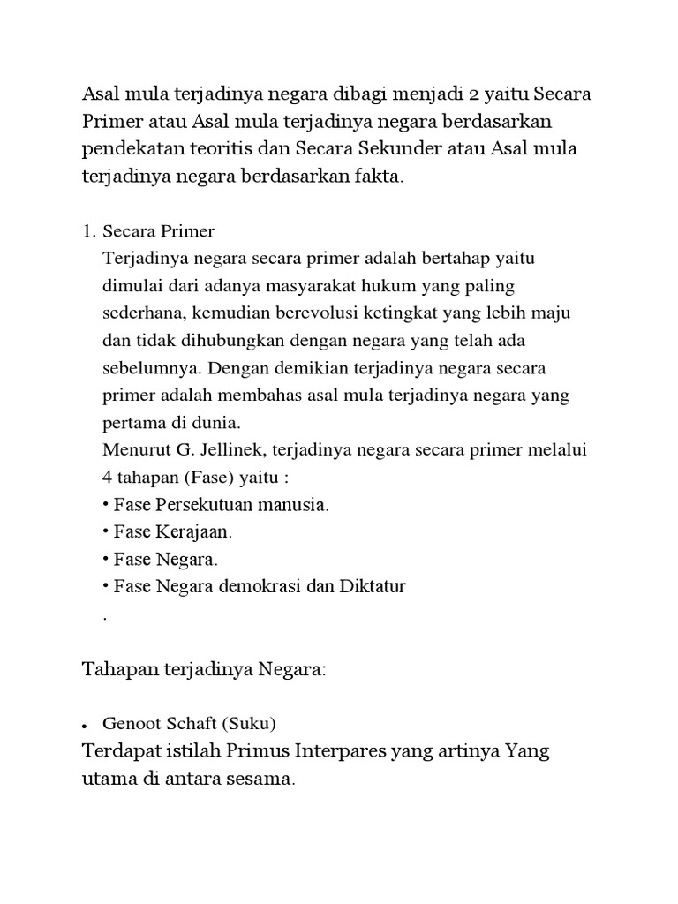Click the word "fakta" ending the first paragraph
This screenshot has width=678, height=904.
tap(376, 177)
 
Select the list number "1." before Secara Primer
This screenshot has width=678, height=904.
tap(88, 232)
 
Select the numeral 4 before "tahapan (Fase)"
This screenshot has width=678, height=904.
tap(108, 477)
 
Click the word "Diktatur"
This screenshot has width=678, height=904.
tap(373, 586)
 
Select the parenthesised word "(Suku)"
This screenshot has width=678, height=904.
tap(249, 724)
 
